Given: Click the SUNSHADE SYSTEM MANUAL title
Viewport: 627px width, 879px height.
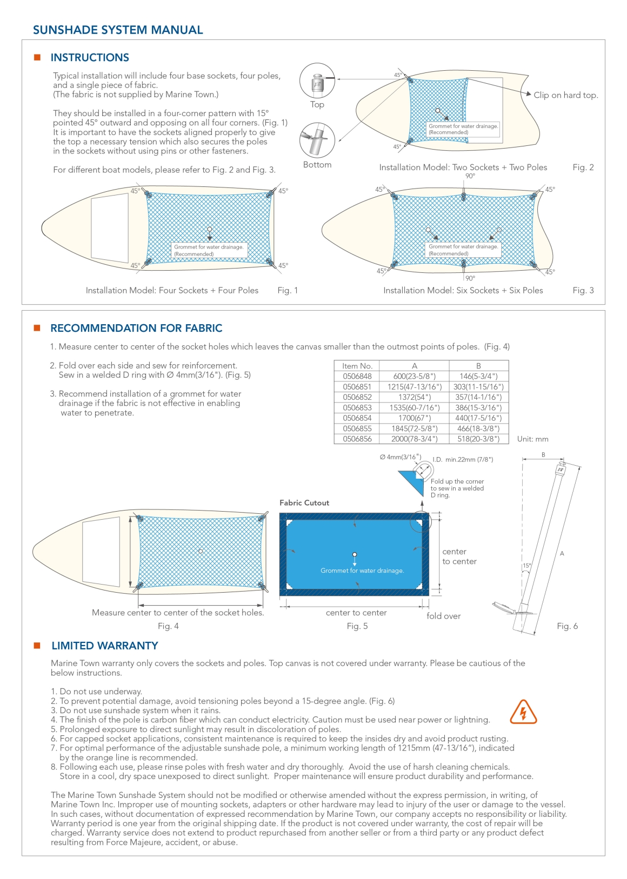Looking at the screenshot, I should click(118, 30).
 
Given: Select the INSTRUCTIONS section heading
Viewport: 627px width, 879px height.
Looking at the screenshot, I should click(90, 58).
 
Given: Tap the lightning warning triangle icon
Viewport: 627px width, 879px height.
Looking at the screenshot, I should click(523, 712).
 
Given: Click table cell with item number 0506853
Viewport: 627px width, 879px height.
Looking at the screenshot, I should click(357, 408).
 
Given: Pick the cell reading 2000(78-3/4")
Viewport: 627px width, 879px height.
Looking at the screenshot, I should click(414, 439).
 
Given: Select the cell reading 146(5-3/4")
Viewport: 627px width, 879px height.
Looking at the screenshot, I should click(478, 377).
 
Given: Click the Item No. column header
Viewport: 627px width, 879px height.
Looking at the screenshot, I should click(357, 366).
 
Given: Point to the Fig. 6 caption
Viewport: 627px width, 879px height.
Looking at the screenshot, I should click(567, 626).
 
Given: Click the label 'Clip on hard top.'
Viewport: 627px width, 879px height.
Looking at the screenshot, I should click(565, 95).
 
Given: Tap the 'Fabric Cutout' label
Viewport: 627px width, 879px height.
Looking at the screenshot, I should click(304, 503).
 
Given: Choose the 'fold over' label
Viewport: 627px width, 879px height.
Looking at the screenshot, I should click(443, 616).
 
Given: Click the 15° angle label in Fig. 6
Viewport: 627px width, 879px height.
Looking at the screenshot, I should click(526, 566).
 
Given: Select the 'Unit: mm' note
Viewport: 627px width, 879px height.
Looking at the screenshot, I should click(532, 439).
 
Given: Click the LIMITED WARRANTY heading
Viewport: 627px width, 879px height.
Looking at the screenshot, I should click(105, 646).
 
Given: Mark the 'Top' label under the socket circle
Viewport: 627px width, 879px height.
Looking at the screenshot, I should click(317, 105).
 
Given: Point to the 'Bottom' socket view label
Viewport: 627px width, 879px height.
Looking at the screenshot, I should click(317, 165).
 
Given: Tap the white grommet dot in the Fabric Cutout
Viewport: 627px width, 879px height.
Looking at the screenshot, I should click(355, 554).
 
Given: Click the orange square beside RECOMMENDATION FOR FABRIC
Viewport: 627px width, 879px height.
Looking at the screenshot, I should click(37, 328).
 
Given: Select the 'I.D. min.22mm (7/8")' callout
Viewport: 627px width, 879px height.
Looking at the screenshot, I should click(463, 460).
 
